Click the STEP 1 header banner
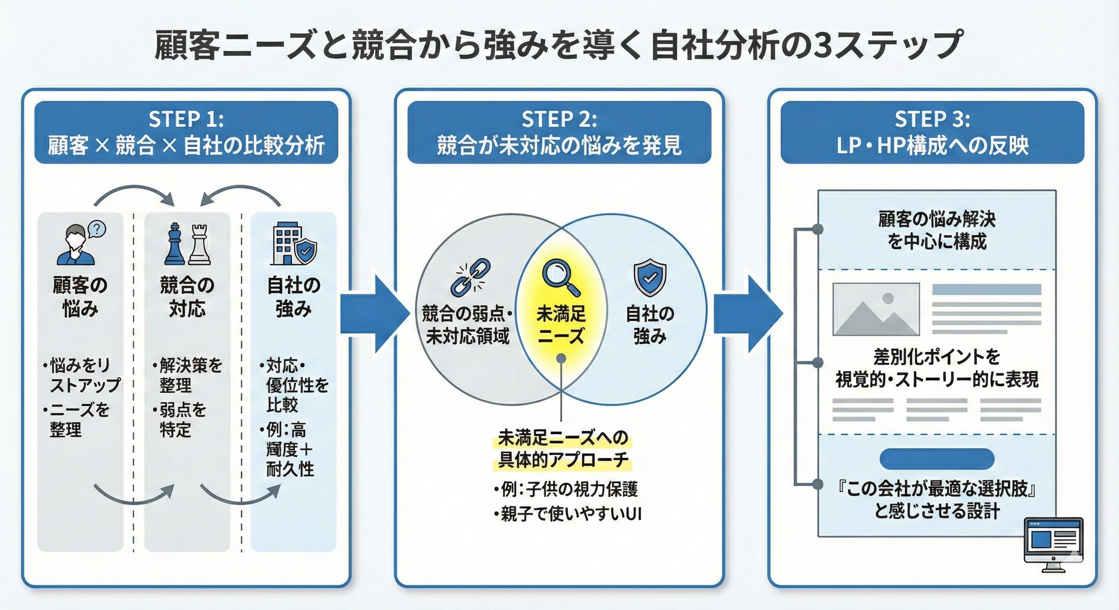tap(186, 132)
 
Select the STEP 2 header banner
tap(559, 132)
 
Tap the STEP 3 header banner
tap(932, 132)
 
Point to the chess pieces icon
tap(187, 244)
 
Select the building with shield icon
tap(294, 244)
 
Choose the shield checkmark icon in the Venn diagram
tap(650, 278)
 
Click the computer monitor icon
tap(1053, 544)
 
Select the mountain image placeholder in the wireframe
tap(876, 309)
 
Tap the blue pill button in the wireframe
tap(937, 459)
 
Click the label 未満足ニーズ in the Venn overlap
tap(561, 325)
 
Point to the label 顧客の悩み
tap(80, 297)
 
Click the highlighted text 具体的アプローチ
tap(563, 460)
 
